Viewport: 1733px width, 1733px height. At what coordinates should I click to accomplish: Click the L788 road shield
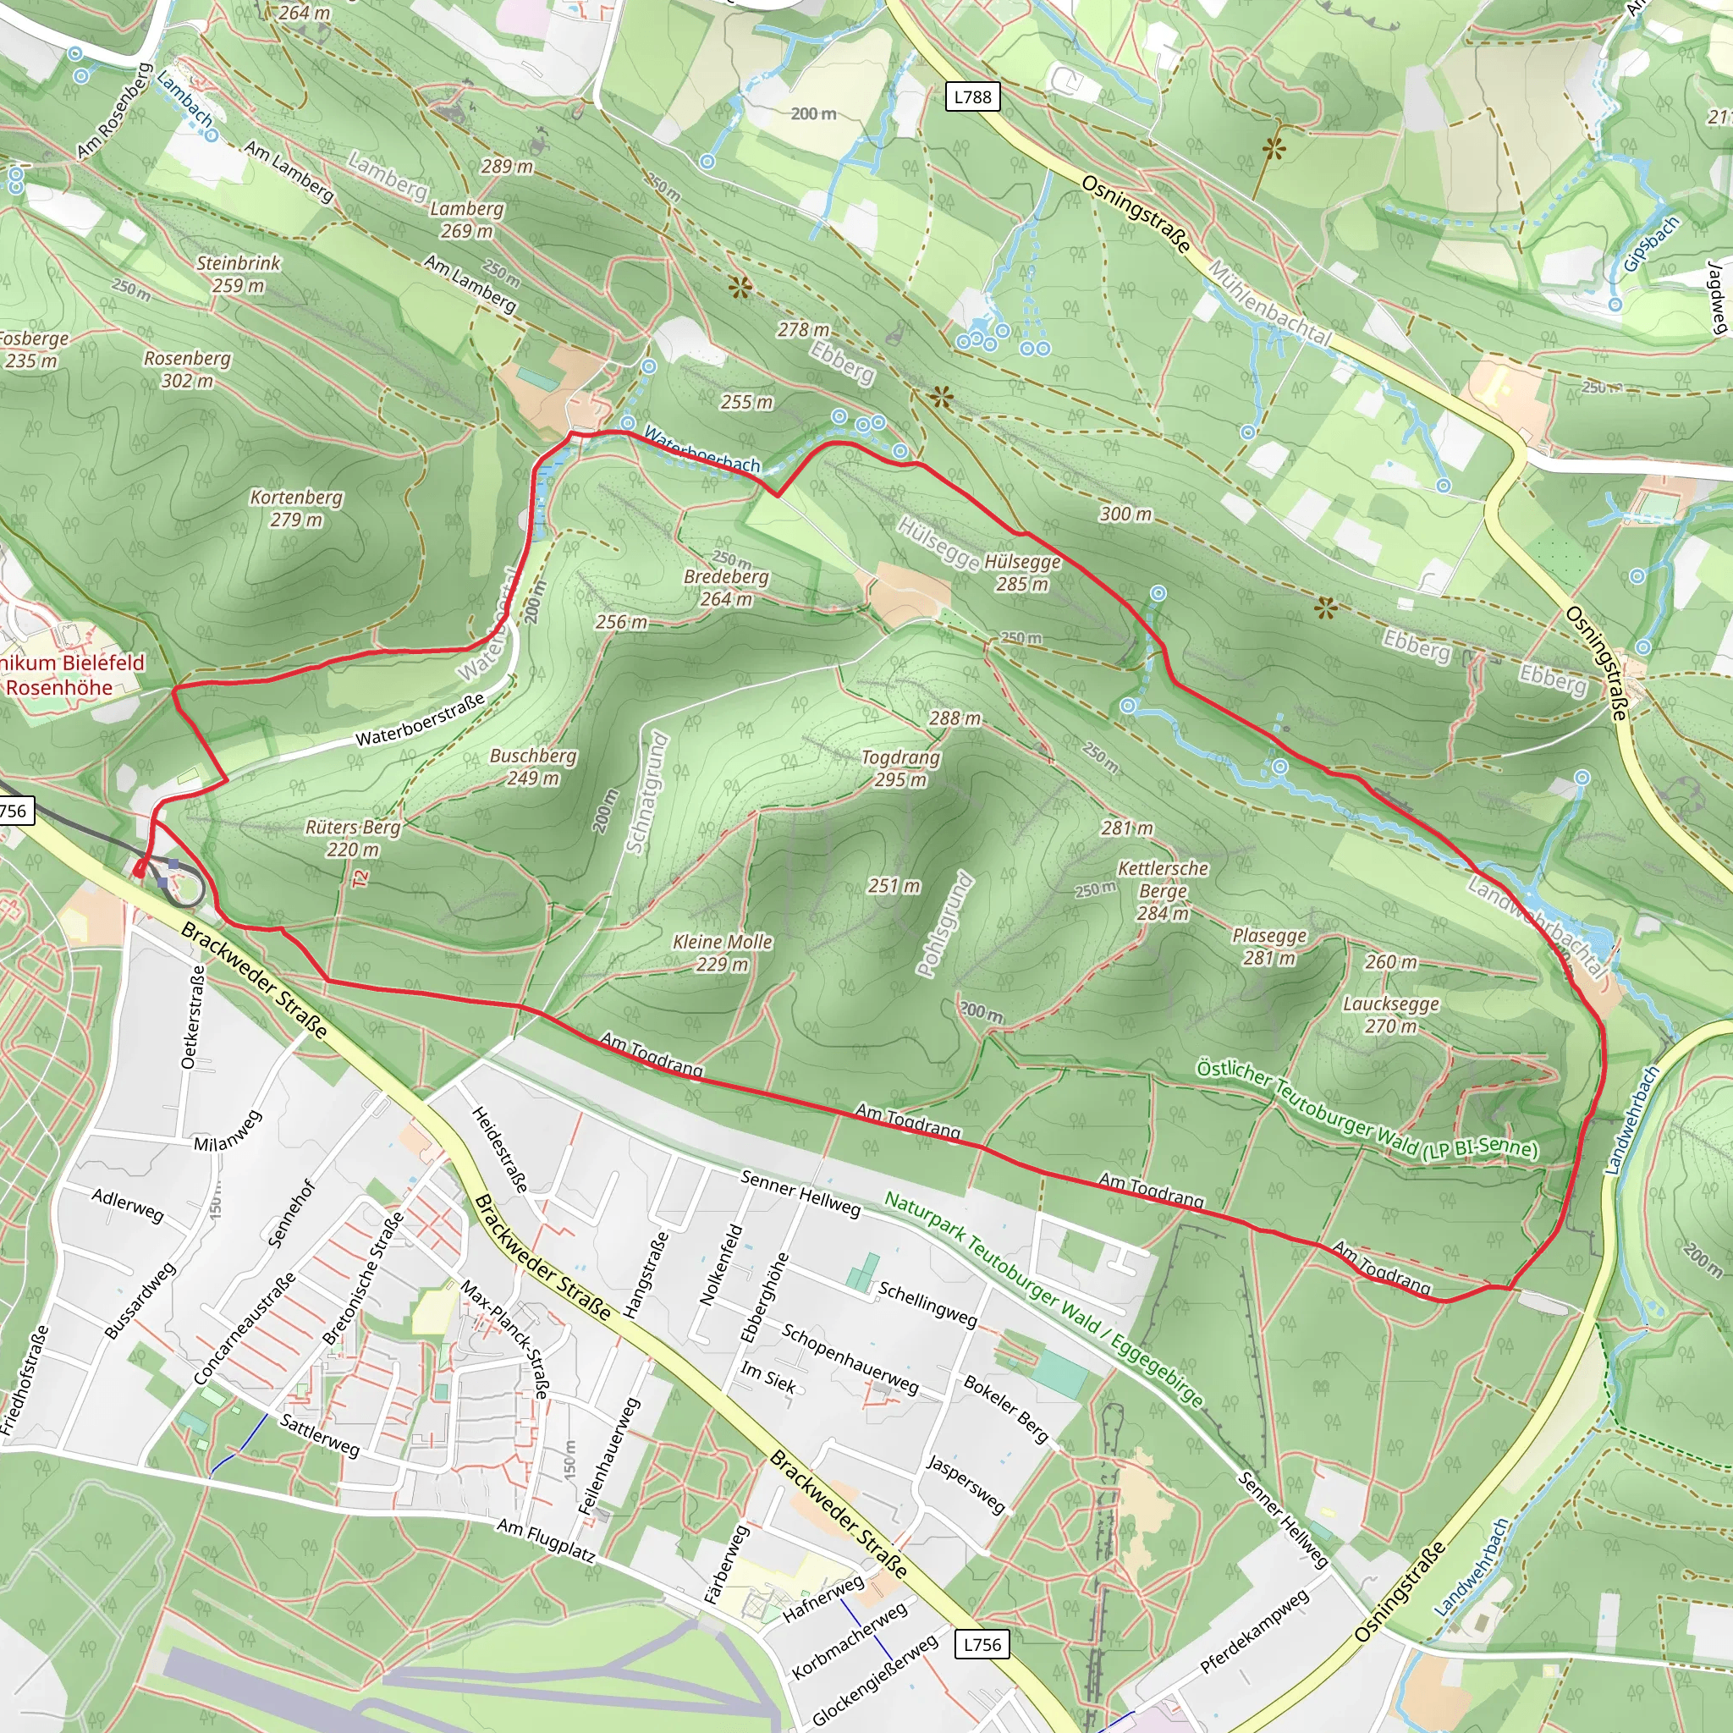coord(972,96)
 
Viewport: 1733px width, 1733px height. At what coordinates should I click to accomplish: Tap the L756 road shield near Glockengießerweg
coord(982,1644)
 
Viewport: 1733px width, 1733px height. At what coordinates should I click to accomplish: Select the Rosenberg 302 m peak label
coord(188,370)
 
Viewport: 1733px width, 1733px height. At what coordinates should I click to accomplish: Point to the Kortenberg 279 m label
coord(296,508)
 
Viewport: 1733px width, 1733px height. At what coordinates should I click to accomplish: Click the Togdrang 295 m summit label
coord(900,767)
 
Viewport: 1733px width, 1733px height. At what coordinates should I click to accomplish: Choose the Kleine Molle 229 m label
coord(722,953)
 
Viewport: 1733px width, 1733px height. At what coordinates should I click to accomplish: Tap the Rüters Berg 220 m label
coord(353,838)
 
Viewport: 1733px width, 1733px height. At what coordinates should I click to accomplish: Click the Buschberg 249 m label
coord(533,767)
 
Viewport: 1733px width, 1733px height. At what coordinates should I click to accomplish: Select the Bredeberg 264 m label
coord(726,587)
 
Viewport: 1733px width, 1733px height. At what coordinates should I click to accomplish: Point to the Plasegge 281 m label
coord(1269,946)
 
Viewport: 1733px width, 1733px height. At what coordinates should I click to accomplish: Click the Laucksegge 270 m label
coord(1390,1015)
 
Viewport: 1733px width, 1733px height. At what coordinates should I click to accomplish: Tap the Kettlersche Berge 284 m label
coord(1163,891)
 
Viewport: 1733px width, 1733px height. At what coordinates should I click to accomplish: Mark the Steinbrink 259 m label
coord(239,274)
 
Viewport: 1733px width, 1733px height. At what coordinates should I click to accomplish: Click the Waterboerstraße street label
coord(420,719)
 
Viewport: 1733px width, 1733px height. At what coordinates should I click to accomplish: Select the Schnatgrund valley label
coord(647,792)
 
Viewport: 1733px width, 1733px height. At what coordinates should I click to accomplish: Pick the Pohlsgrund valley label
coord(944,923)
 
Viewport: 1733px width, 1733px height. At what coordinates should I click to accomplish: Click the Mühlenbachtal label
coord(1268,303)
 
